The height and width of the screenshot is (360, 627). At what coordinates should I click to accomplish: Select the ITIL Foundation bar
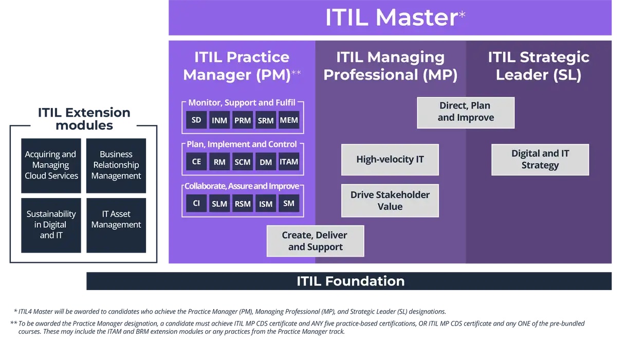(x=349, y=281)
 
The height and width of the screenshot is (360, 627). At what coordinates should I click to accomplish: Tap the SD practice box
(x=196, y=120)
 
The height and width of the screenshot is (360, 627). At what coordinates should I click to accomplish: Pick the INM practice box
(x=219, y=121)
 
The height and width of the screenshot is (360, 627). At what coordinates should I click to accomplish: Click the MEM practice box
(x=289, y=120)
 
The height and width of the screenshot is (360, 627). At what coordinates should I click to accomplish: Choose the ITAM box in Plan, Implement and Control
(x=289, y=161)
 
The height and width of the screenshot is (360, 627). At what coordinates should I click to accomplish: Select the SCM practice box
(x=243, y=162)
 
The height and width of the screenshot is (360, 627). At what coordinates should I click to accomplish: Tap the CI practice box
(x=196, y=203)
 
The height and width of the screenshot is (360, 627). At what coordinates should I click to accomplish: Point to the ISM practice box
(x=266, y=204)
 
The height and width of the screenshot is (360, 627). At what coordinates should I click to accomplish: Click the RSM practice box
(x=243, y=204)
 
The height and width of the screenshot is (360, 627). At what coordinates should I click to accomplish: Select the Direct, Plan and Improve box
(x=466, y=112)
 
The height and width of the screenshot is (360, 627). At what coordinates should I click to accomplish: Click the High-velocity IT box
(x=390, y=159)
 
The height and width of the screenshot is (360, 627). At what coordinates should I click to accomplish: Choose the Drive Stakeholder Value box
(x=390, y=201)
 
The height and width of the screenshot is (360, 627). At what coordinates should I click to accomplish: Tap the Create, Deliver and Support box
(x=315, y=241)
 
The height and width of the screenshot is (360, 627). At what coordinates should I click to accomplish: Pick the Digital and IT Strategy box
(x=540, y=159)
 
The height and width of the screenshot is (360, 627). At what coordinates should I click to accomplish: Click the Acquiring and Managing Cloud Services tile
(x=51, y=165)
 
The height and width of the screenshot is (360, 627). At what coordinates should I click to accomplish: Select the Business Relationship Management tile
(x=116, y=165)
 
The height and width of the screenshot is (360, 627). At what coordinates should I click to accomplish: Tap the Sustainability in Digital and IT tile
(x=51, y=225)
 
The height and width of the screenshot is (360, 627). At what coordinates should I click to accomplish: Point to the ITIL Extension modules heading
(x=84, y=119)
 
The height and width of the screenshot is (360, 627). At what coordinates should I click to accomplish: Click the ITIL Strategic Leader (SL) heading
(x=539, y=66)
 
